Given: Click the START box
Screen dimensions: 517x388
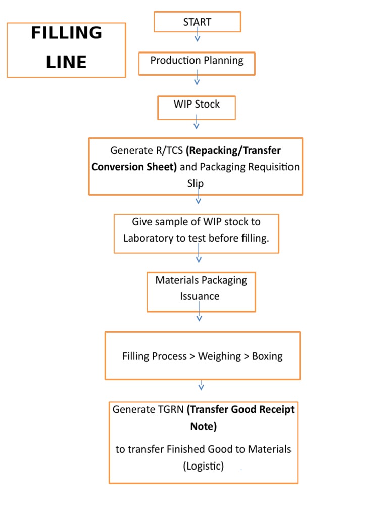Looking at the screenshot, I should pyautogui.click(x=198, y=22).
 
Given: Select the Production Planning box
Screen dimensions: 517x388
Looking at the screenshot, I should pyautogui.click(x=197, y=61).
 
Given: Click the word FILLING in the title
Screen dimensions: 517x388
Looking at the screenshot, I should pyautogui.click(x=66, y=33).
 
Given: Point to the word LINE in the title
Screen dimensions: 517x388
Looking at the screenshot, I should pyautogui.click(x=66, y=62).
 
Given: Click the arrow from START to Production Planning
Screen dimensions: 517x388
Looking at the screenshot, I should pyautogui.click(x=198, y=36).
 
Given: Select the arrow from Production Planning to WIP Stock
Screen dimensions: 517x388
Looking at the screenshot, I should pyautogui.click(x=197, y=78).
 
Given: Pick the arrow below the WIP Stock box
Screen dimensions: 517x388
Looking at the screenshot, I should pyautogui.click(x=197, y=122).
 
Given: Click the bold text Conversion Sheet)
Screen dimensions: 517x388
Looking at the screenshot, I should pyautogui.click(x=134, y=167).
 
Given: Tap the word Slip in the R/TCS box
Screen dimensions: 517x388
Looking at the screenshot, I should pyautogui.click(x=196, y=184).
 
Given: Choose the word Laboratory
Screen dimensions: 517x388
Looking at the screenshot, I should pyautogui.click(x=148, y=238).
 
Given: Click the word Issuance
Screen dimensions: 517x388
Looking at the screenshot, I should pyautogui.click(x=200, y=296).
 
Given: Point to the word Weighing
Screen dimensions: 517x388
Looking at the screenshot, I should pyautogui.click(x=219, y=356).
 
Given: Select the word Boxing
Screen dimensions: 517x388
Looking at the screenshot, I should pyautogui.click(x=267, y=356).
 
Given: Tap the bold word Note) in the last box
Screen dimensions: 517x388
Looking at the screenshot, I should pyautogui.click(x=203, y=427).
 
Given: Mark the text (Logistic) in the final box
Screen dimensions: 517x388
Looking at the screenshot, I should pyautogui.click(x=203, y=466).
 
